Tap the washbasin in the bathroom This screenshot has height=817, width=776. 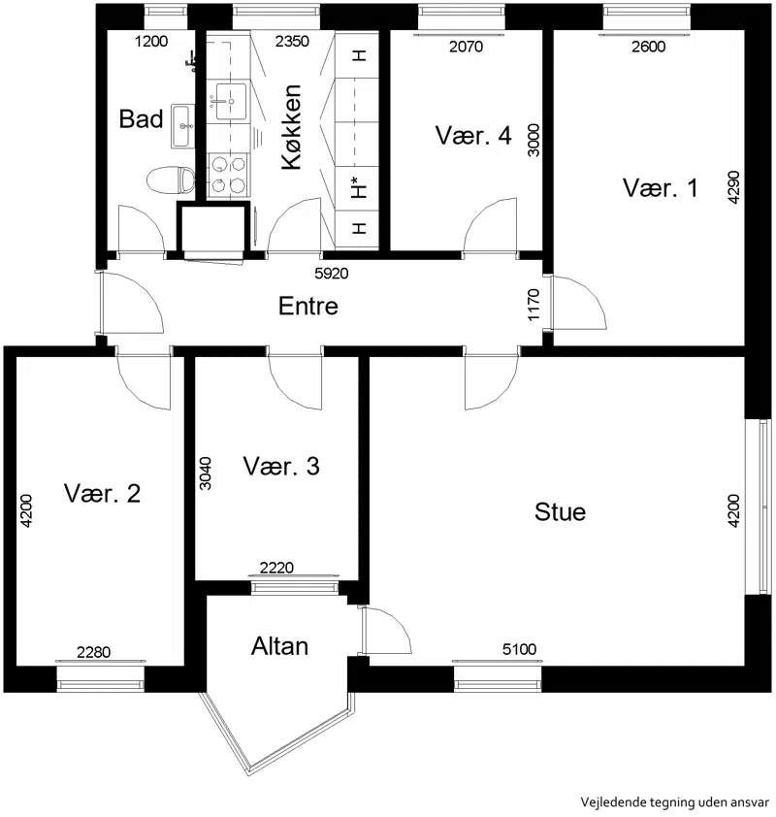[x=182, y=125]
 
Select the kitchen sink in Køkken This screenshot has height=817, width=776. [x=231, y=101]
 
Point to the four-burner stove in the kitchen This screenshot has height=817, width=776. [x=229, y=175]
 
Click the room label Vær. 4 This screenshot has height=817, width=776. [x=473, y=135]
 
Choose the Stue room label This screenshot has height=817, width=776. [x=560, y=511]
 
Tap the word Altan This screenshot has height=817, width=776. [x=279, y=646]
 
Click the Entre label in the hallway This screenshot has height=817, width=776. [x=307, y=306]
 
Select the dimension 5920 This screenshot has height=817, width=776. [x=331, y=273]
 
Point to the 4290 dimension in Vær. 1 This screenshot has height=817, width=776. [x=733, y=187]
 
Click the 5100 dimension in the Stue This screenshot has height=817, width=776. [x=519, y=649]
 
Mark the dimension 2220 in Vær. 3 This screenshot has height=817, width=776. [x=276, y=568]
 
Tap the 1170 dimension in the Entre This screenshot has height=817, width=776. [x=533, y=305]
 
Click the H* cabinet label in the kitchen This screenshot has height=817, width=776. [x=359, y=188]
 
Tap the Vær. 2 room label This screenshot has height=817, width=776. [x=102, y=493]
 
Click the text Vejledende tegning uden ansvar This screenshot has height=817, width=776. [x=674, y=801]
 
